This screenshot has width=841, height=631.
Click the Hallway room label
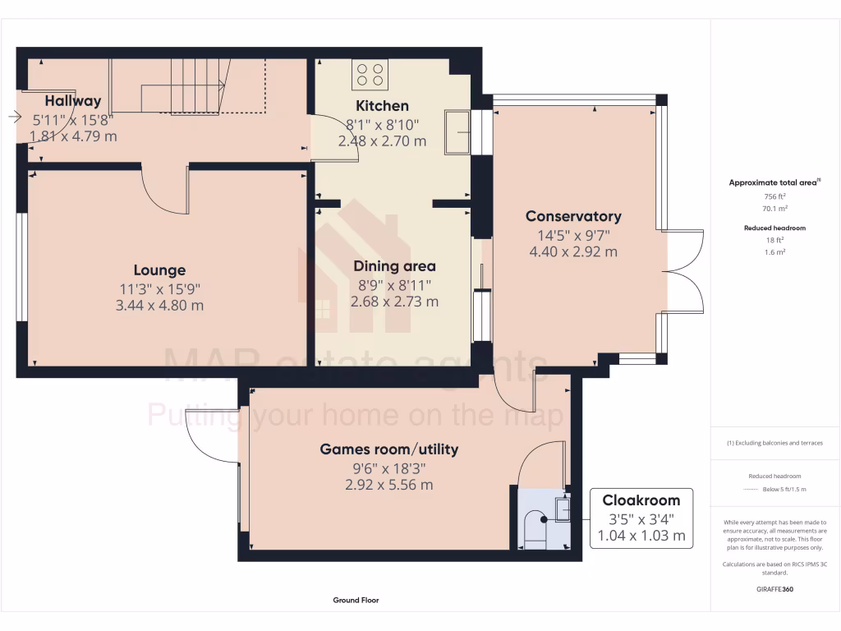point(73,101)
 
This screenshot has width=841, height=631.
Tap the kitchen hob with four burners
point(370,76)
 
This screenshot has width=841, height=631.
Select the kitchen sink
point(457,131)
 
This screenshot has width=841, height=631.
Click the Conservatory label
point(573,217)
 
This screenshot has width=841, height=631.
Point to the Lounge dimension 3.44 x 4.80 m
point(159,306)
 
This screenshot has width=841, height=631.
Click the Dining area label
point(394,266)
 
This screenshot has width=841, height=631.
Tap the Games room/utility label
point(388,449)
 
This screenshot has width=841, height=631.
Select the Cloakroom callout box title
point(641,500)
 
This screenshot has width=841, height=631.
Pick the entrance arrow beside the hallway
point(15,118)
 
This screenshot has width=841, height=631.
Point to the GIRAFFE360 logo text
point(774,589)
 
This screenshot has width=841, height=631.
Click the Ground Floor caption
point(356,601)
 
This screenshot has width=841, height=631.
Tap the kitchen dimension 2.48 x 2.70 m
point(382,141)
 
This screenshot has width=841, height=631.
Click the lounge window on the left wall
point(22,268)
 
